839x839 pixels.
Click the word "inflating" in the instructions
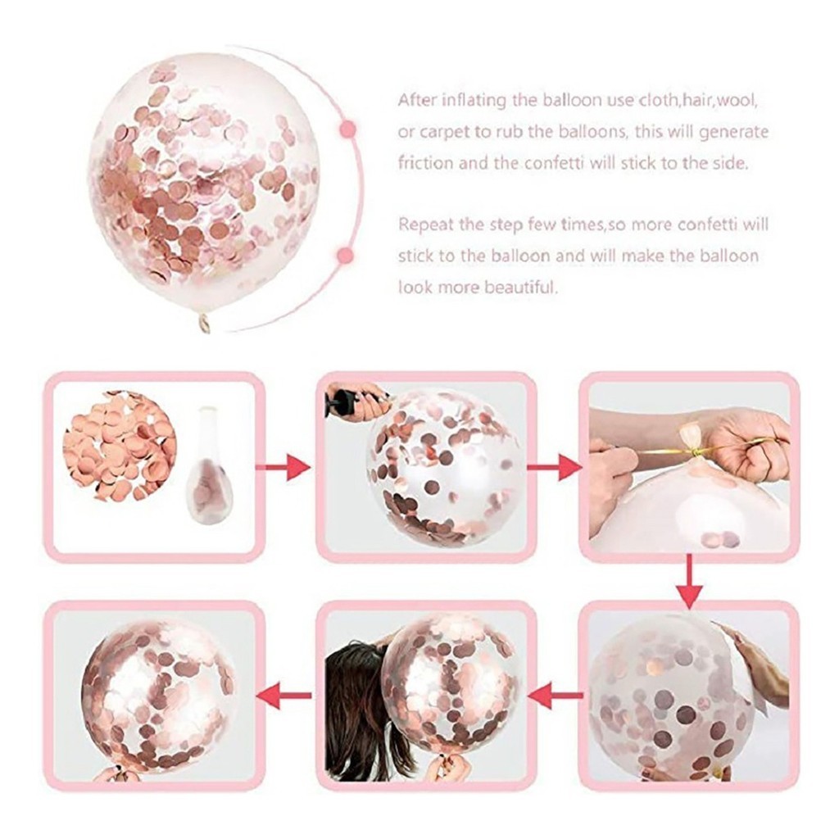(469, 101)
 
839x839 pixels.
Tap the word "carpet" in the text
(447, 132)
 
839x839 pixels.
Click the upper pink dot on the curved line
(347, 129)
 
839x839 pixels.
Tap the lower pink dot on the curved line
(347, 255)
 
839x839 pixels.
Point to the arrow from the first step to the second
(283, 467)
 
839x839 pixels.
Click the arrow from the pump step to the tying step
(554, 467)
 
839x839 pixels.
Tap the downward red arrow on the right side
(689, 582)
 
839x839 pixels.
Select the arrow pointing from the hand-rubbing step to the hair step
(555, 696)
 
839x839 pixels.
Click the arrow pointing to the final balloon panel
(284, 696)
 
